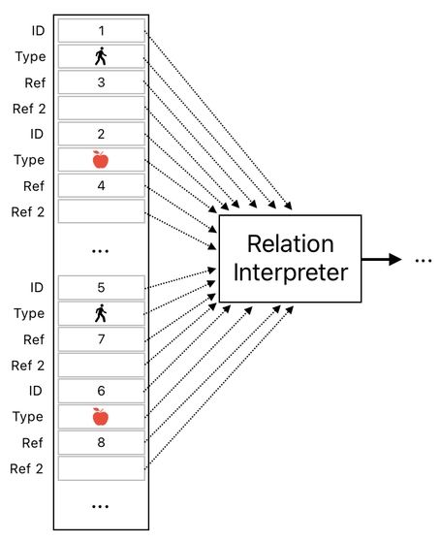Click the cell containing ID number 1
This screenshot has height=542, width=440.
click(101, 31)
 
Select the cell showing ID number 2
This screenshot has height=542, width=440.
click(101, 134)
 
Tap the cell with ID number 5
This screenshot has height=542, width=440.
click(101, 288)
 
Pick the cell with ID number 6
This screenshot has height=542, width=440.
click(101, 391)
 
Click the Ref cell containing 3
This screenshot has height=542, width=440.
click(101, 82)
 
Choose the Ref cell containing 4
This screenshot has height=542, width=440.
click(101, 185)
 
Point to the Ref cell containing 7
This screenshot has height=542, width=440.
click(101, 339)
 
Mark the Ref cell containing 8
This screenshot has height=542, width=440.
click(101, 442)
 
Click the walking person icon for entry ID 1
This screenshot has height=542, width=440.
click(101, 57)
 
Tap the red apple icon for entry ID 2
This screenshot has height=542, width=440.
click(101, 160)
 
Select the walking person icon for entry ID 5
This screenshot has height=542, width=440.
click(101, 313)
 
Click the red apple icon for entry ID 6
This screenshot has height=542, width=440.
click(101, 417)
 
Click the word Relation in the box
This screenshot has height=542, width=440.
click(290, 243)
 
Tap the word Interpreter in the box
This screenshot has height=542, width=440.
click(290, 272)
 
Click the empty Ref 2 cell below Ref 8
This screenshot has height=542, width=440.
click(101, 468)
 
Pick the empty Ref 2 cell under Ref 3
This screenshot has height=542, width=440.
click(101, 109)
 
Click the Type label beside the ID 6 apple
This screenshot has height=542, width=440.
click(30, 417)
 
